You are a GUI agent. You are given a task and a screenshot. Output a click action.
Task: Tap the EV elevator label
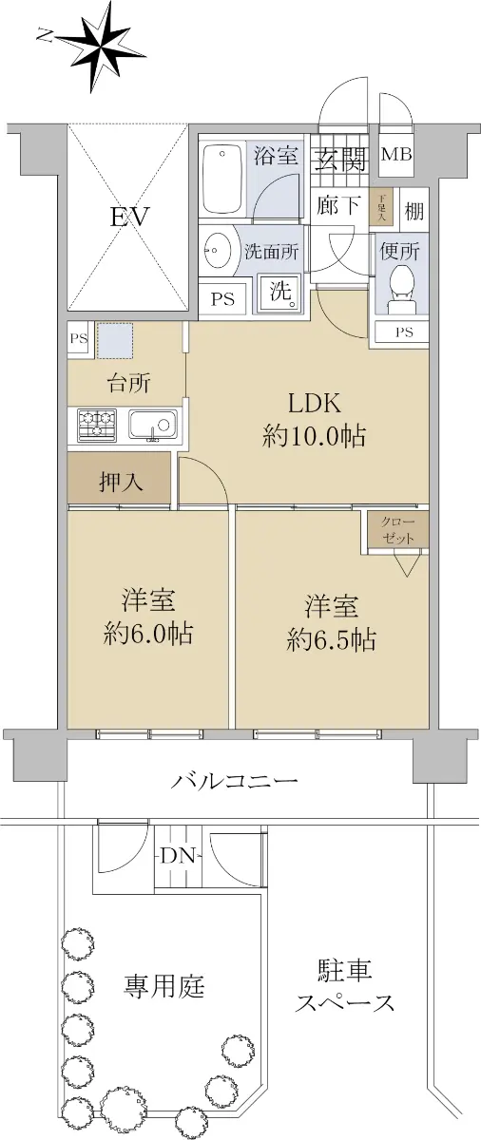click(x=129, y=218)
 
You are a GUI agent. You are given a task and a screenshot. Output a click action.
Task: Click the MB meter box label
click(x=396, y=154)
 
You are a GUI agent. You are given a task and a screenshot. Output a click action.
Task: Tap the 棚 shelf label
click(x=414, y=210)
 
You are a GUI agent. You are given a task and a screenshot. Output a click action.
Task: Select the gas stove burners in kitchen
click(x=97, y=425)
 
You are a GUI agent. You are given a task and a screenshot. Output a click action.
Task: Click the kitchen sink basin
click(x=152, y=425)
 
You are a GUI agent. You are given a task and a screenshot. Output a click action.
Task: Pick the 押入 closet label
click(x=120, y=482)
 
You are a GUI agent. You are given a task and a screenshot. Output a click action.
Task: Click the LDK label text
click(x=314, y=404)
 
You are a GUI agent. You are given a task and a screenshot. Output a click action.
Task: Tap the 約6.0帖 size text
click(x=147, y=635)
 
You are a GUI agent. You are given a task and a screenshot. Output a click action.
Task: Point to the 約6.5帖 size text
click(x=331, y=639)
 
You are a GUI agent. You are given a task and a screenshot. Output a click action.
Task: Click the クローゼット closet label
click(x=398, y=530)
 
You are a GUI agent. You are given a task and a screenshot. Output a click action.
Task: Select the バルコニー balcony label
click(x=234, y=779)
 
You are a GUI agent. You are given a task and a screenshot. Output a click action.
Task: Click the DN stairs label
click(x=178, y=857)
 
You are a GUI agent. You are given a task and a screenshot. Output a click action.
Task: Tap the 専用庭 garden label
click(x=164, y=986)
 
